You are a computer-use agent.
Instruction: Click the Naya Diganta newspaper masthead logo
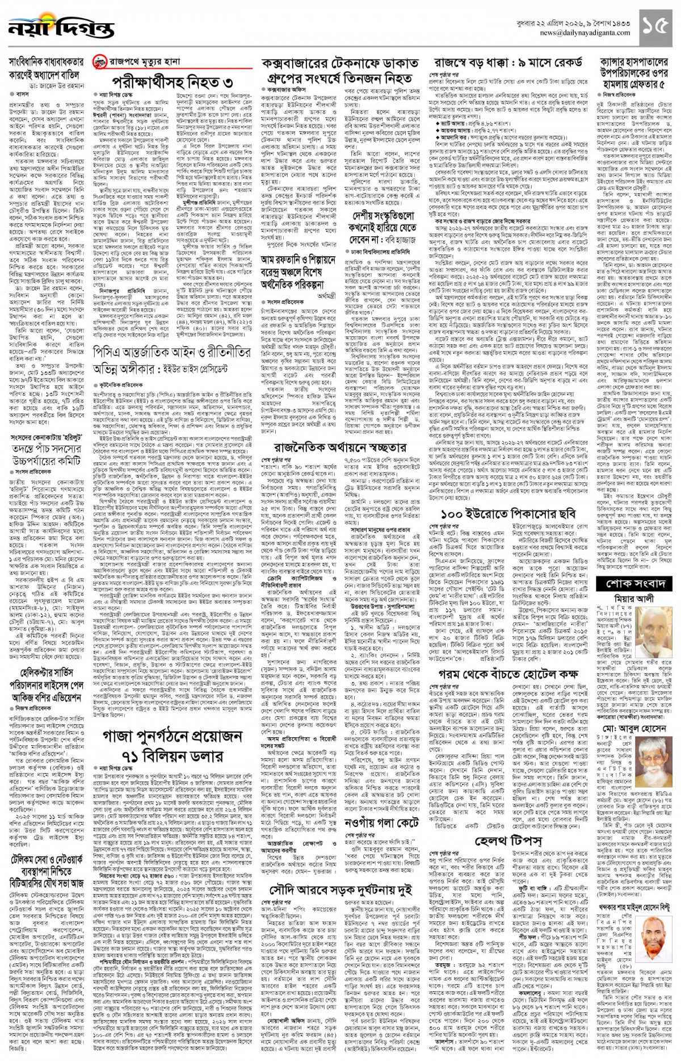[x=54, y=26]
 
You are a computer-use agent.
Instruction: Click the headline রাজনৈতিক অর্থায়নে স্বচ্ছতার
[x=340, y=448]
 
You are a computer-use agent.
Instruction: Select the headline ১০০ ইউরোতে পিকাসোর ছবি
[x=508, y=515]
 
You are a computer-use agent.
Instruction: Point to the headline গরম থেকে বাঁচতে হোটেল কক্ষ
[x=508, y=674]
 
